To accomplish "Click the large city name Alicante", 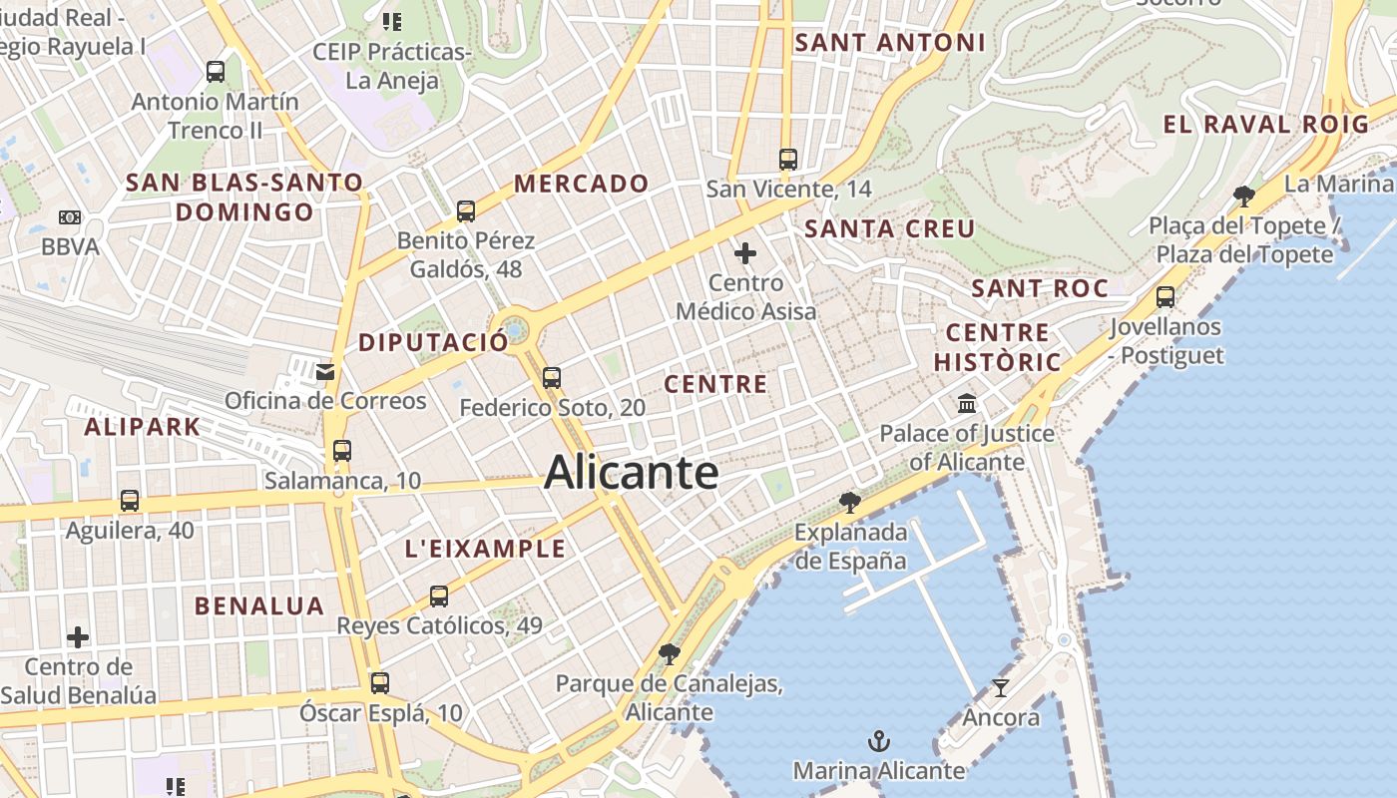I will coord(631,472).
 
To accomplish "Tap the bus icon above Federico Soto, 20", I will coord(552,378).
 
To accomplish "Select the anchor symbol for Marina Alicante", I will coord(879,741).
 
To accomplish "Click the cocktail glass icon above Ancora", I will coord(1001,688).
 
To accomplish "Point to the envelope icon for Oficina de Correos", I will coord(325,372).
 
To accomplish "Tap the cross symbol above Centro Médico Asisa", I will coord(745,253).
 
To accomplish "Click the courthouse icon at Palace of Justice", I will coord(967,404).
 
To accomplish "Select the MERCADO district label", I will coord(581,184).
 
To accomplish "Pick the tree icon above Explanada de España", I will coord(850,502).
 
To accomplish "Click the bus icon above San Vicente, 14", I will coord(788,159).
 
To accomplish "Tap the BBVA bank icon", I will coord(70,216).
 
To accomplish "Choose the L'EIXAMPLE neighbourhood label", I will coord(485,549).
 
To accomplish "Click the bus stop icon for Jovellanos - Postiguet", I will coord(1165,296).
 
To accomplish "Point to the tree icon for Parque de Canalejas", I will coord(670,654).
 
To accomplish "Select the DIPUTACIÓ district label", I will coord(433,342).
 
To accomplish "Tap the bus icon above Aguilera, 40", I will coord(130,501).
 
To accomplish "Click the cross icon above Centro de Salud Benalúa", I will coord(78,636).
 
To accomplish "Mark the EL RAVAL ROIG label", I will coord(1266,125).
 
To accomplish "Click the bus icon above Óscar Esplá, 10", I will coord(380,683).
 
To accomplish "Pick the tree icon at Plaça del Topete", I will coord(1243,196).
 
